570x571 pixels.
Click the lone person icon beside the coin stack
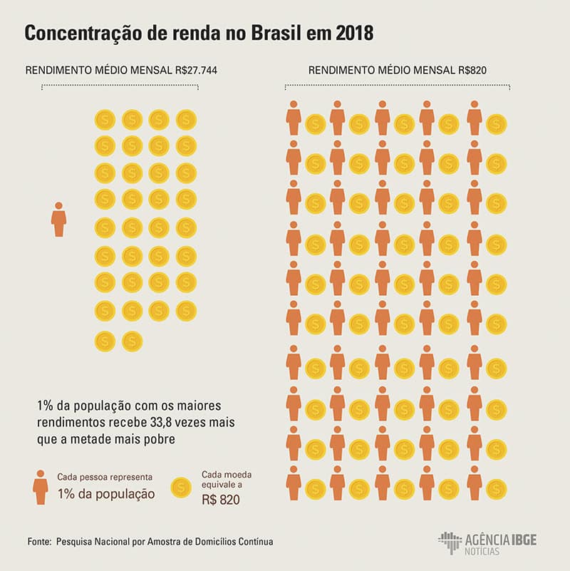coord(58,220)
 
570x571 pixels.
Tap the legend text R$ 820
coord(220,500)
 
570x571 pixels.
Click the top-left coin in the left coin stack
coord(105,119)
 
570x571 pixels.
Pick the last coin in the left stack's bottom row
coord(132,341)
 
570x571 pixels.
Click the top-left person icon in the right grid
coord(293,118)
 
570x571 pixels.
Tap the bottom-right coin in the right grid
coord(496,489)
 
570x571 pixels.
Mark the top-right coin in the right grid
coord(496,124)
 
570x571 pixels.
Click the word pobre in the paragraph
coord(158,439)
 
